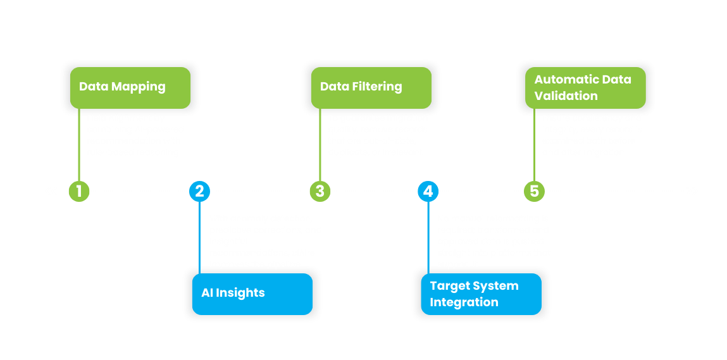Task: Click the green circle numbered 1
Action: [x=79, y=191]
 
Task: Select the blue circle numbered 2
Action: [x=199, y=191]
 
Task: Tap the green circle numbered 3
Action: [x=320, y=191]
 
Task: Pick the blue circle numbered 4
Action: [x=428, y=191]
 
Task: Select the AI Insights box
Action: [x=252, y=294]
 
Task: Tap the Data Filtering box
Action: [x=371, y=87]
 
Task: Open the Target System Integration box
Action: [x=482, y=294]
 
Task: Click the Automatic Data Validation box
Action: [x=585, y=88]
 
